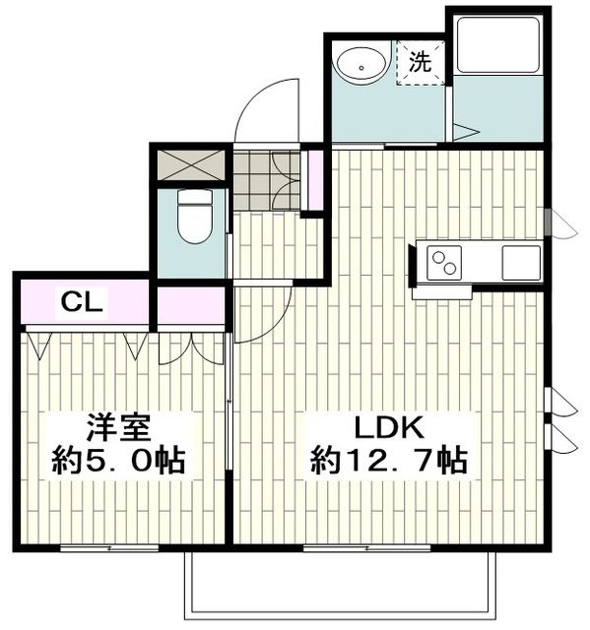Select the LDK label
(388, 428)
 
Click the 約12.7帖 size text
(388, 460)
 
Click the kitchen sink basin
(520, 263)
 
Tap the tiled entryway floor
(266, 178)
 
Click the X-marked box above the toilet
(190, 164)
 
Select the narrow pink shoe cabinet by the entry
(315, 180)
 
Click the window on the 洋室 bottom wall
(108, 545)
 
